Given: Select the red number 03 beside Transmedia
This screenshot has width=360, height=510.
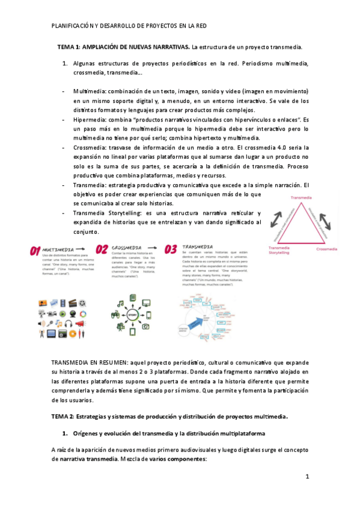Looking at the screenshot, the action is (x=171, y=250).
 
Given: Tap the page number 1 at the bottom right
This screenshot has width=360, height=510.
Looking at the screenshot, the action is (x=307, y=477).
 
